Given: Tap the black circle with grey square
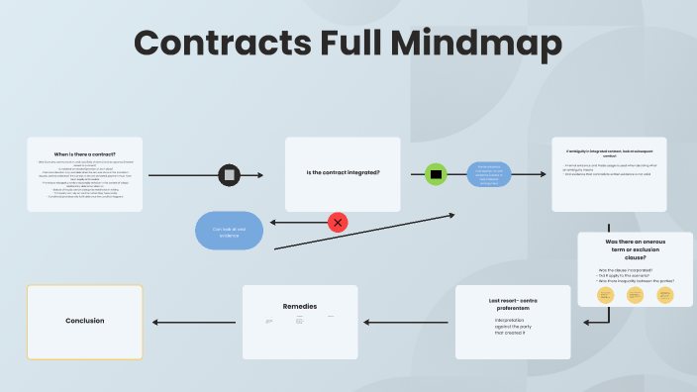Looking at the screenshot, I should coord(230,175).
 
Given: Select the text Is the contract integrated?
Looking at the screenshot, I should coord(343,173).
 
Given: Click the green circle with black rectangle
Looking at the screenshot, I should coord(436,175).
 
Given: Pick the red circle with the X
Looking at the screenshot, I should coord(338,222).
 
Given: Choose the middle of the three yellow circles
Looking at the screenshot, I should coord(635,295).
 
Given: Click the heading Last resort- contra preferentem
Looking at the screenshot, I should coord(513,303).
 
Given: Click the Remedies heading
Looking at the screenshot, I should coord(299,306).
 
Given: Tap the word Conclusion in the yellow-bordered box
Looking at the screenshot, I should coord(84,321).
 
